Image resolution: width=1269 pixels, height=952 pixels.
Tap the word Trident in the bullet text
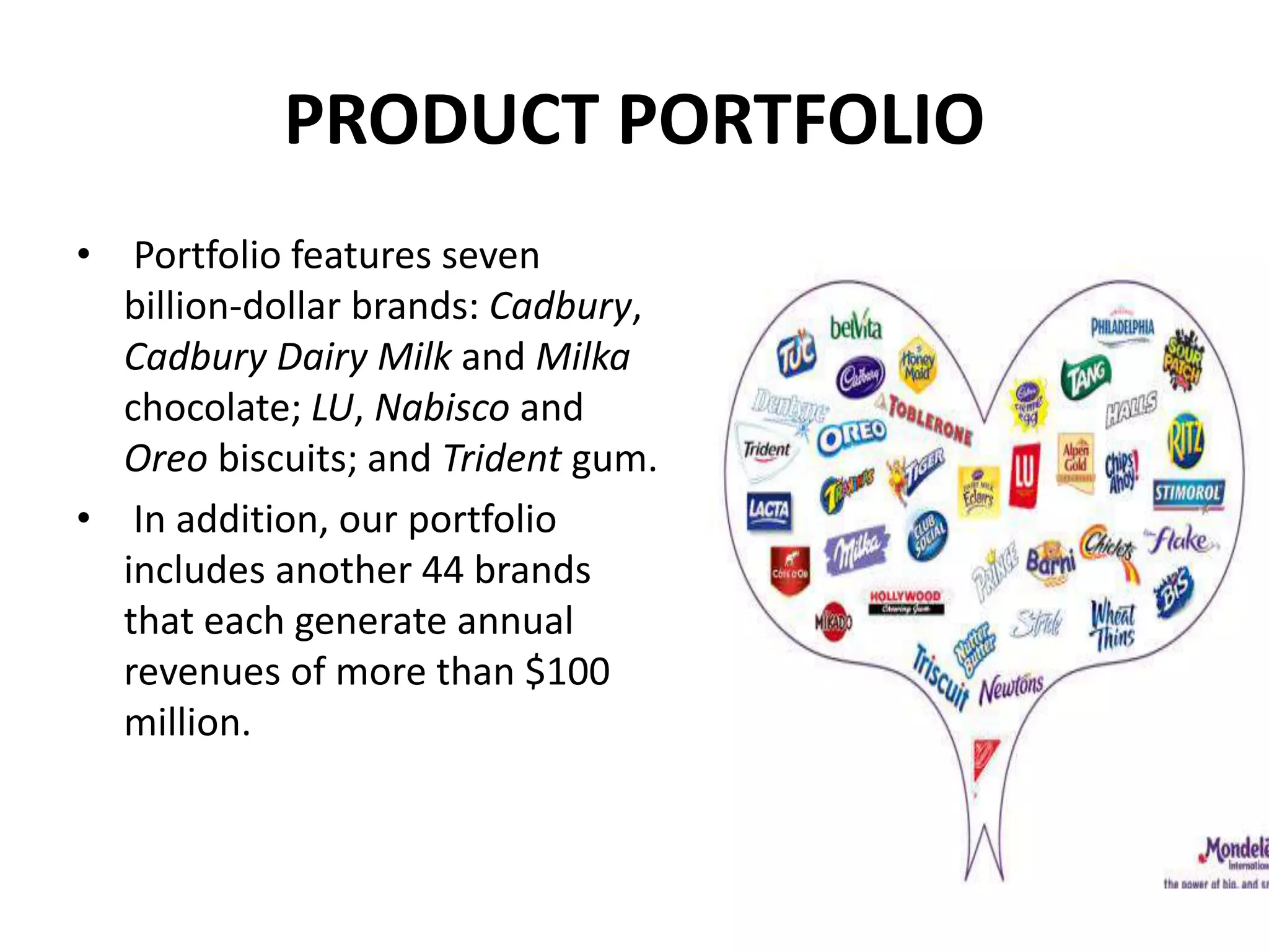[x=502, y=459]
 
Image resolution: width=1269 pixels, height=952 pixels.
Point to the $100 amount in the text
[x=568, y=671]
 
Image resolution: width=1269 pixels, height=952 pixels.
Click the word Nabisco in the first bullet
[x=442, y=408]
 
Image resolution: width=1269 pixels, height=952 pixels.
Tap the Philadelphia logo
[x=1122, y=326]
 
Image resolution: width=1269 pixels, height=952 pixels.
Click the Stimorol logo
[x=1188, y=495]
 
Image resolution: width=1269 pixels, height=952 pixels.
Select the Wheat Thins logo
[x=1113, y=625]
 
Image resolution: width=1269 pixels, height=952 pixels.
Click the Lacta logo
[x=769, y=511]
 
